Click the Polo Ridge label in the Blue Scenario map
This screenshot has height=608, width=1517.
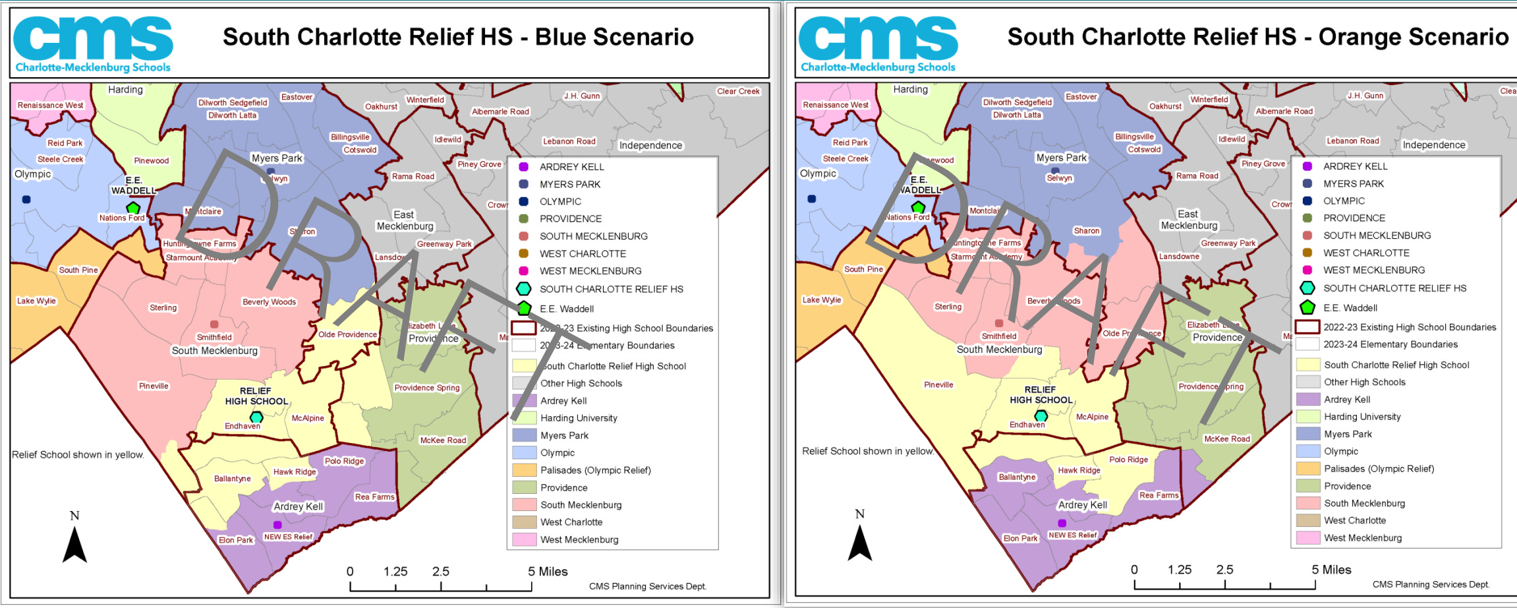coord(344,461)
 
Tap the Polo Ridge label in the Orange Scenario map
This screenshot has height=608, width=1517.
coord(1128,460)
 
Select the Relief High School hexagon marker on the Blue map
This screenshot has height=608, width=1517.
coord(256,417)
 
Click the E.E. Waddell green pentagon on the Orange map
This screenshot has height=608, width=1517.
coord(918,207)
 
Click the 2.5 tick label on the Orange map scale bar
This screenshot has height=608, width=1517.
coord(1224,570)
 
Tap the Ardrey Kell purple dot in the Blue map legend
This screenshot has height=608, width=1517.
coord(524,167)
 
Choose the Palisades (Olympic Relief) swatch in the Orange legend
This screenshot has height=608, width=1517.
coord(1307,469)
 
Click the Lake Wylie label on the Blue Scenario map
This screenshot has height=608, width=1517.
coord(36,301)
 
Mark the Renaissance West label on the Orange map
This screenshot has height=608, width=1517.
coord(835,105)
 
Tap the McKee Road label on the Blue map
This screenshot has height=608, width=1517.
coord(443,441)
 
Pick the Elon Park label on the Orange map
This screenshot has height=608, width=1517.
coord(1020,538)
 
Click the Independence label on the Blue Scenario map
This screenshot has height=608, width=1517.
coord(650,146)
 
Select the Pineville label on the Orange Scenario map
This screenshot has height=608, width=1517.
coord(938,384)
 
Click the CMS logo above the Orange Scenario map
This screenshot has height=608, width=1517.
coord(878,43)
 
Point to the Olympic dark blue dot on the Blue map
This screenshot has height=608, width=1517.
coord(26,199)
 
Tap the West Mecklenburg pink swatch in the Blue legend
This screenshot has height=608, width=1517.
coord(524,539)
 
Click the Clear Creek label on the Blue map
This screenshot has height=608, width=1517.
coord(738,92)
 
